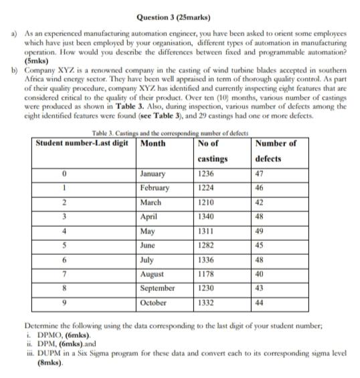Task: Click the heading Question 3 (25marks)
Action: [179, 15]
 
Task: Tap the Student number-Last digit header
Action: [81, 143]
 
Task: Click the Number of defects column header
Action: [277, 151]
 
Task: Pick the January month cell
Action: [155, 173]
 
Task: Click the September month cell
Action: [159, 288]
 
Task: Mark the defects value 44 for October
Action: [261, 302]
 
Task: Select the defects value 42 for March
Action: [261, 203]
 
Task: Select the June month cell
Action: [151, 246]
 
